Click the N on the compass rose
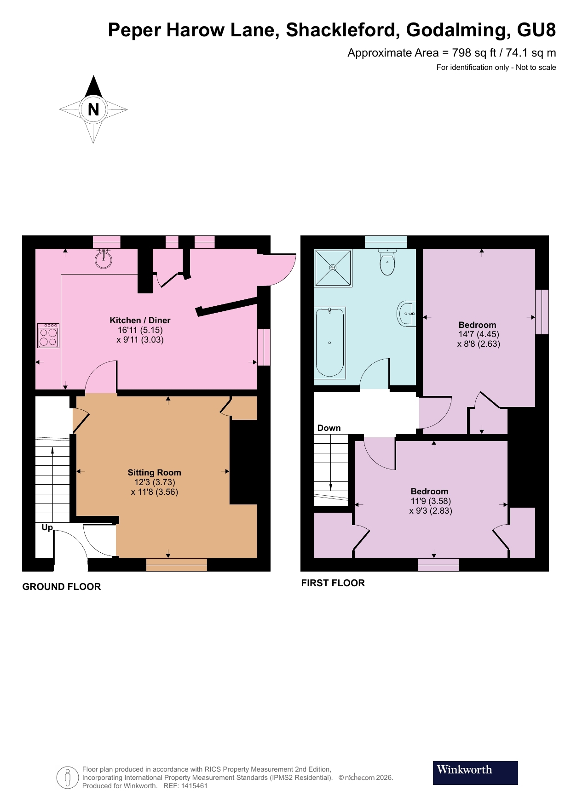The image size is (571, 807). coord(93,109)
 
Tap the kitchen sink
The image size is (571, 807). coord(104,259)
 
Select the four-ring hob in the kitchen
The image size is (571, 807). coord(48,335)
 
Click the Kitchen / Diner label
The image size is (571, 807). coord(140,320)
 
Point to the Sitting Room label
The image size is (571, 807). coord(154,472)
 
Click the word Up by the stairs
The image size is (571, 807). coord(47,527)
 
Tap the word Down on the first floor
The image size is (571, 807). coord(329,428)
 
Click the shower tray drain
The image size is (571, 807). coord(333,268)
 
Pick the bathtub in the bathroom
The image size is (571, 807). coord(330,343)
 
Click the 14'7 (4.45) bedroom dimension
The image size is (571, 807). coord(479,334)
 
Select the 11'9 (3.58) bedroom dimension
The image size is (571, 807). coord(431,501)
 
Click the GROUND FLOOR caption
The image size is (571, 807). coord(62,587)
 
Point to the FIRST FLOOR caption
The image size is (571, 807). coord(333,583)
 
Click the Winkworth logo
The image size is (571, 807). coord(475,773)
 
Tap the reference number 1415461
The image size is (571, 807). coord(194,786)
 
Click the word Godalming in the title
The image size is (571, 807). coord(458,30)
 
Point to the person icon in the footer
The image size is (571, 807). coord(68,778)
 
